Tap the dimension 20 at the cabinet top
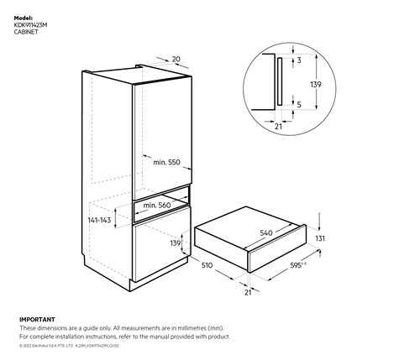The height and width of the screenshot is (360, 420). click(176, 59)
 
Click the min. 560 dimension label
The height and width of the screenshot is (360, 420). click(157, 205)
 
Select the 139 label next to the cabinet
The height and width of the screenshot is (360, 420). click(175, 243)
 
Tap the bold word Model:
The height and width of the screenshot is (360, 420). click(24, 17)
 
